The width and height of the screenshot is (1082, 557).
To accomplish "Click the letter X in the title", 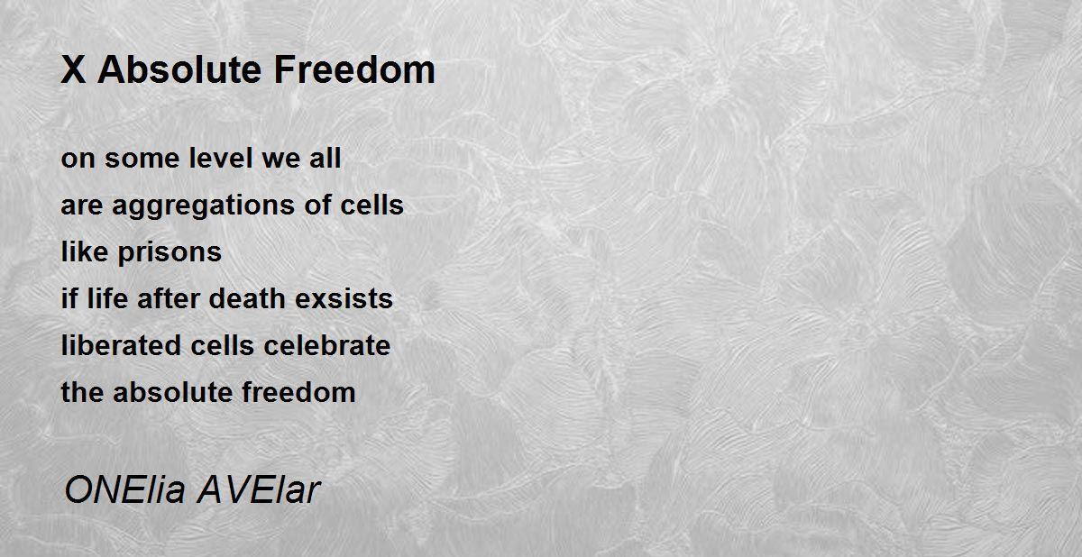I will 73,71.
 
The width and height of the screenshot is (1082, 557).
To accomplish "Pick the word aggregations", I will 207,206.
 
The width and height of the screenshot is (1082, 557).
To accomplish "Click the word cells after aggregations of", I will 371,205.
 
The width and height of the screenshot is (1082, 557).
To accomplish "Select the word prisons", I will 170,252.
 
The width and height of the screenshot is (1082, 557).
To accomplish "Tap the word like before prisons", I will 85,252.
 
